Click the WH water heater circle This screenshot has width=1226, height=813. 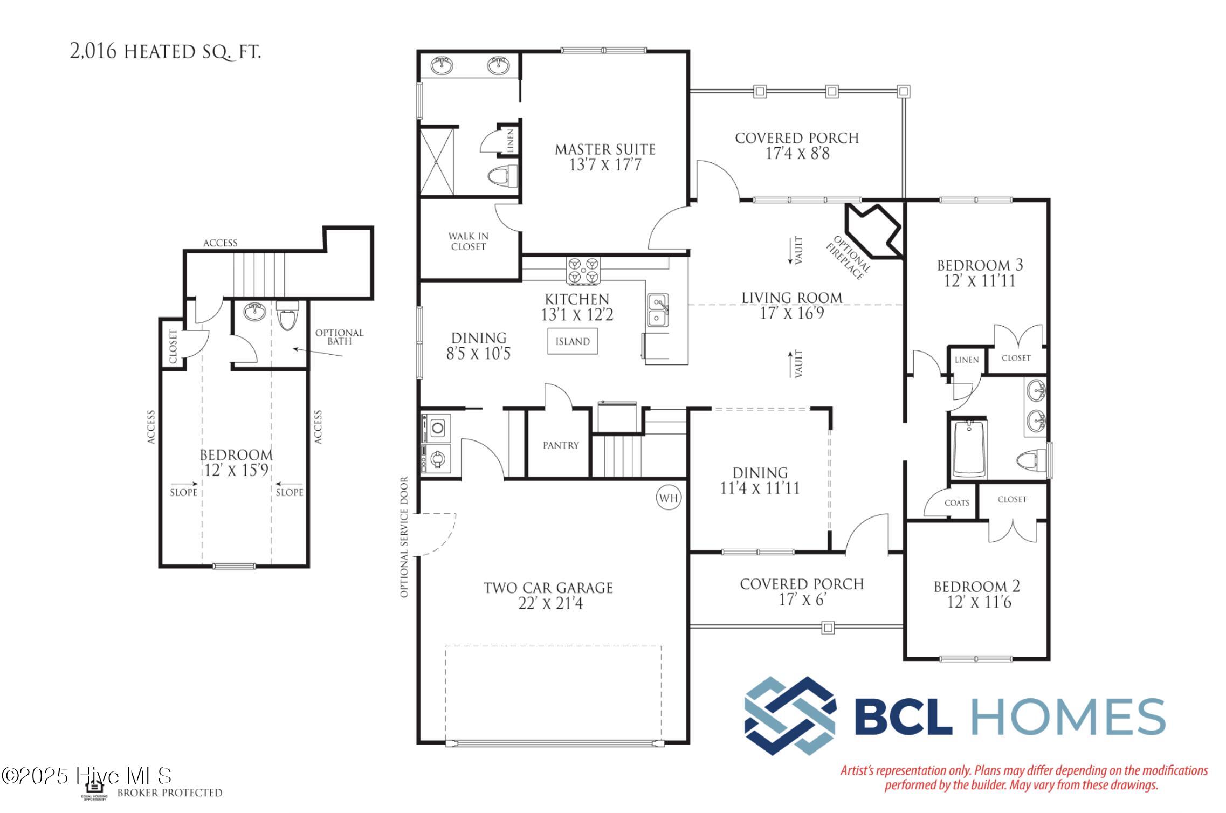point(669,498)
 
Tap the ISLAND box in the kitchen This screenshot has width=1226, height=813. point(573,342)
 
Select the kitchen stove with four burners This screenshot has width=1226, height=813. point(583,270)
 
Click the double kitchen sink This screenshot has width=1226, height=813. point(658,310)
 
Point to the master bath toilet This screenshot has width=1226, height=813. point(502,175)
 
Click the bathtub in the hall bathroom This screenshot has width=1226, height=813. point(969,449)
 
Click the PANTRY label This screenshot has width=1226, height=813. point(561,445)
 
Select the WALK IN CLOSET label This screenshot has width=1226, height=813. point(469,242)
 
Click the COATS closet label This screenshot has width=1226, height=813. point(957,503)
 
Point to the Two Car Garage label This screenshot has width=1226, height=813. point(548,588)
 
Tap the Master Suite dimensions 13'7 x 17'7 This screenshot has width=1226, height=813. point(605,165)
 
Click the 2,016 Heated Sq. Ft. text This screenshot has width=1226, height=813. point(166,51)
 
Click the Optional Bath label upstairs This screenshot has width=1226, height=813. point(340,337)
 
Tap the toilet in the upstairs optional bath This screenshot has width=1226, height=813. point(287,315)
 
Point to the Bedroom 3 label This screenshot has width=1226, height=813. point(980,265)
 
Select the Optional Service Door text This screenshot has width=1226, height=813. point(404,537)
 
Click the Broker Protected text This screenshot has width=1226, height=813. point(170,793)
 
